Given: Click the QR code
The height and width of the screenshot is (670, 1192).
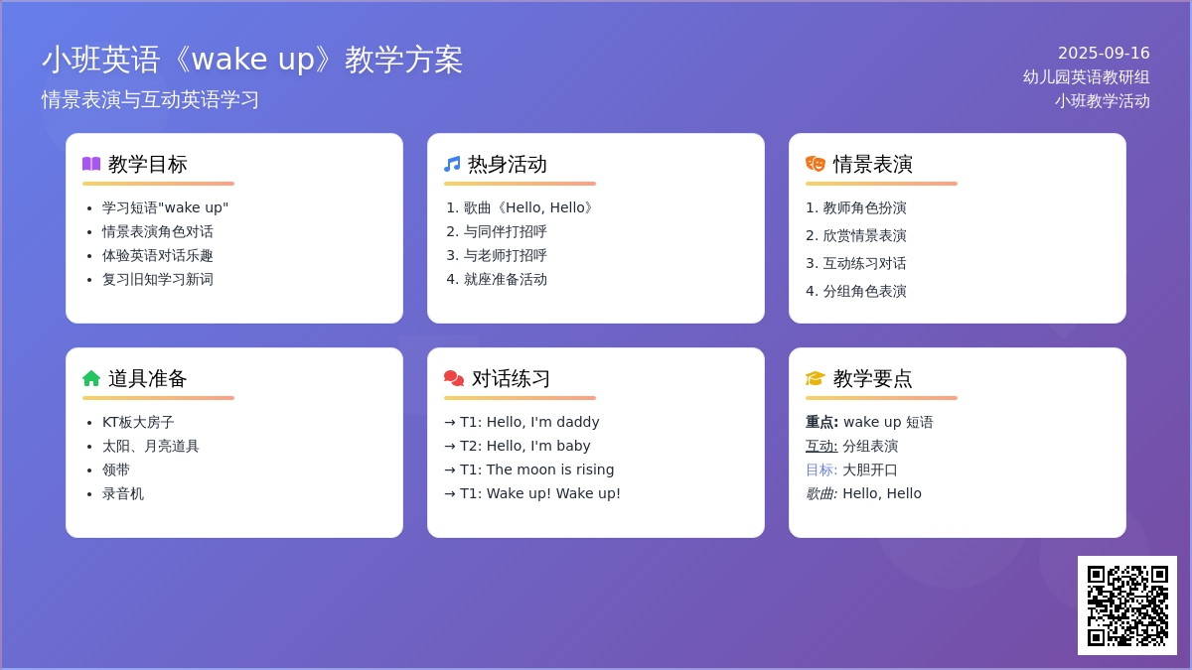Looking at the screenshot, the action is point(1127,605).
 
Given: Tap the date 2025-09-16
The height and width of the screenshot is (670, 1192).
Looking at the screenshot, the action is point(1104,54).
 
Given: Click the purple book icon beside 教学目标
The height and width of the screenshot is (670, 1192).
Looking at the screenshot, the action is point(91,164).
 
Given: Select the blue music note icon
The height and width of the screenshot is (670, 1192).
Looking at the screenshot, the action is point(452,164).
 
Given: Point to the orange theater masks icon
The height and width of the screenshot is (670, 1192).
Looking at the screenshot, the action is point(816,164).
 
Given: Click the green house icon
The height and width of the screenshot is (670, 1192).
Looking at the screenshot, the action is point(91,378).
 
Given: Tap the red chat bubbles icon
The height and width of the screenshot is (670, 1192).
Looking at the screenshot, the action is point(454,378).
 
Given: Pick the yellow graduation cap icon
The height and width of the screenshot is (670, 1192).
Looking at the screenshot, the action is point(816,378).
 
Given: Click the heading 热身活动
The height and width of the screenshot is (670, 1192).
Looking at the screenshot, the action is point(508,165).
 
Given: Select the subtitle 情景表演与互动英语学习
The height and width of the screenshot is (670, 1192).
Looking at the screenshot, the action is point(151,100).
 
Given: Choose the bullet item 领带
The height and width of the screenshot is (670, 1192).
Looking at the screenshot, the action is point(116,469).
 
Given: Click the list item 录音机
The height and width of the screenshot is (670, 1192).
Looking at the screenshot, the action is point(123,493).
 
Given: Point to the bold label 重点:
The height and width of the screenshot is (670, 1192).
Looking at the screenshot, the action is point(821,422).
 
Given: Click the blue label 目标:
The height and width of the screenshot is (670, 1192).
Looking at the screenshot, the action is point(821,469).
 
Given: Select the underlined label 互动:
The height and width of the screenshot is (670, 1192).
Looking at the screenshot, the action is point(821,446).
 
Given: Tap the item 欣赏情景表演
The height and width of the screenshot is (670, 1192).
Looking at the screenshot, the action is point(865,235).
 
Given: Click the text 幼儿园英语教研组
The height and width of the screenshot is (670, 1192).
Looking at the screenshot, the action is point(1086,77).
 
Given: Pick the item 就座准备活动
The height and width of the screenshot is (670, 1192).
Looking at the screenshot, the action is point(506,279).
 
